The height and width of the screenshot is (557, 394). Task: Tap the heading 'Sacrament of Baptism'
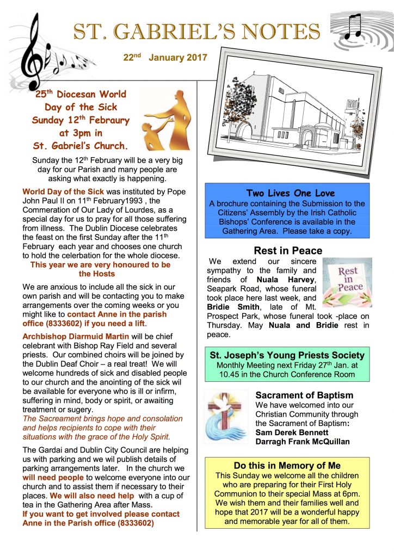pos(304,395)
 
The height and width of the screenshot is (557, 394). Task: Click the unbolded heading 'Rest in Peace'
pos(288,251)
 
